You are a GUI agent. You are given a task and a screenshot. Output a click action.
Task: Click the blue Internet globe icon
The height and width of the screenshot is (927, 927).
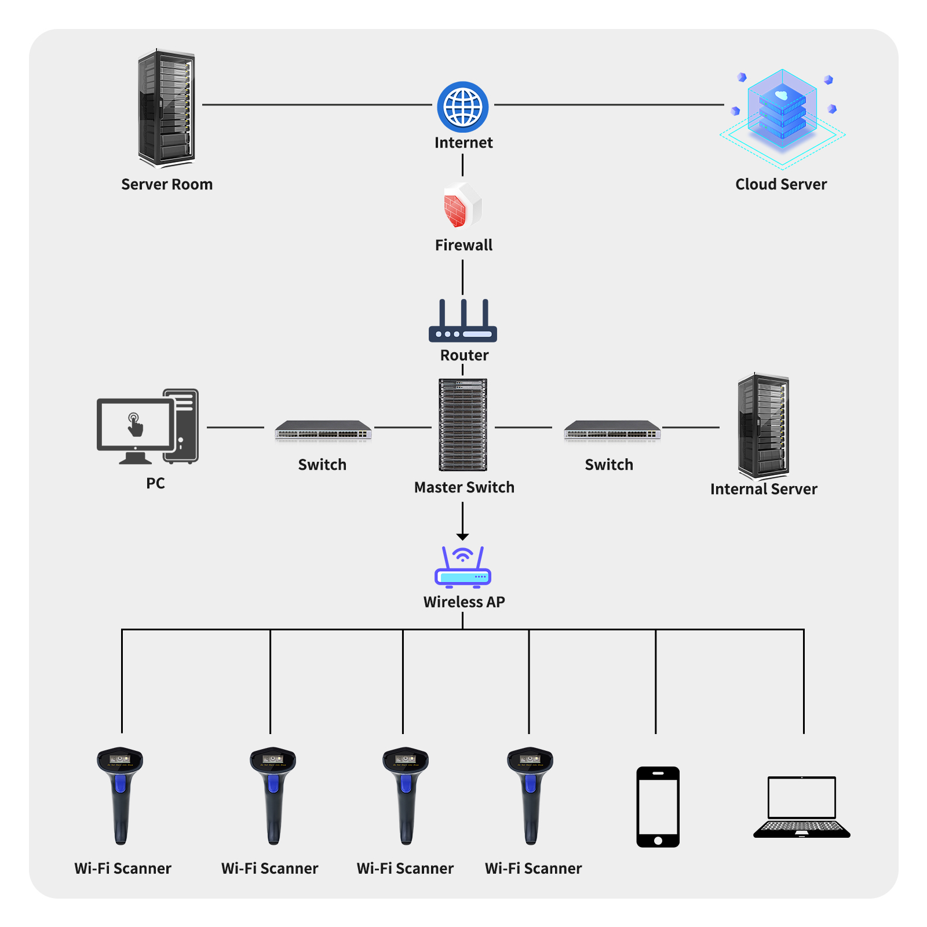pos(462,107)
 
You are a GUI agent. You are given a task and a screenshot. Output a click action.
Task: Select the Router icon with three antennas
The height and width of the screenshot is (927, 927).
pos(462,322)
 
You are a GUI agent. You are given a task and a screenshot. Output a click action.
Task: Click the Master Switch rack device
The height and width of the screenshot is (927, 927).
pos(462,425)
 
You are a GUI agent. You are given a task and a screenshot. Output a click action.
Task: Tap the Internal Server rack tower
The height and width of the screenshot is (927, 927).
pos(763,426)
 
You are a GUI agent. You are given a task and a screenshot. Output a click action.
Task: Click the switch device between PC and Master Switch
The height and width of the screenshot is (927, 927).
pos(323,430)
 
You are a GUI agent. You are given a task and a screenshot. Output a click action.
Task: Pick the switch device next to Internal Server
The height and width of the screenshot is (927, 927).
pos(612,430)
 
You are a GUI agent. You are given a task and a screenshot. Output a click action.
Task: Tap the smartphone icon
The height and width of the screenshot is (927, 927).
pos(658,806)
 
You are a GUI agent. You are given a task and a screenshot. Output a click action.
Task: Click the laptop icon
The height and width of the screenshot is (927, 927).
pos(801,806)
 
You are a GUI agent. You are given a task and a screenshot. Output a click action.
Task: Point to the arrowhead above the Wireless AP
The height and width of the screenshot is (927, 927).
pos(462,537)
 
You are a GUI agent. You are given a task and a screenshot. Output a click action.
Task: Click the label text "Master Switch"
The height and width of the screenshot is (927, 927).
pos(464,487)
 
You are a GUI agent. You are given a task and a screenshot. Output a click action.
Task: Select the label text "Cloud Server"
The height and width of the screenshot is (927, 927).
pos(781,184)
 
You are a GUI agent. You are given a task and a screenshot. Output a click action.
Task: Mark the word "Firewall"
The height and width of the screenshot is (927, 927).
pos(463,245)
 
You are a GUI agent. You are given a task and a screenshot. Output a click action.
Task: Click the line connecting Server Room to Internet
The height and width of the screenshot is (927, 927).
pos(317,105)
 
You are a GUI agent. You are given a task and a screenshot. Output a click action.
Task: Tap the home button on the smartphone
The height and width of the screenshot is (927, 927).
pos(658,840)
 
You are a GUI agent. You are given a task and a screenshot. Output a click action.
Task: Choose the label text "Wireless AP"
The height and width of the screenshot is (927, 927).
pos(464,602)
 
